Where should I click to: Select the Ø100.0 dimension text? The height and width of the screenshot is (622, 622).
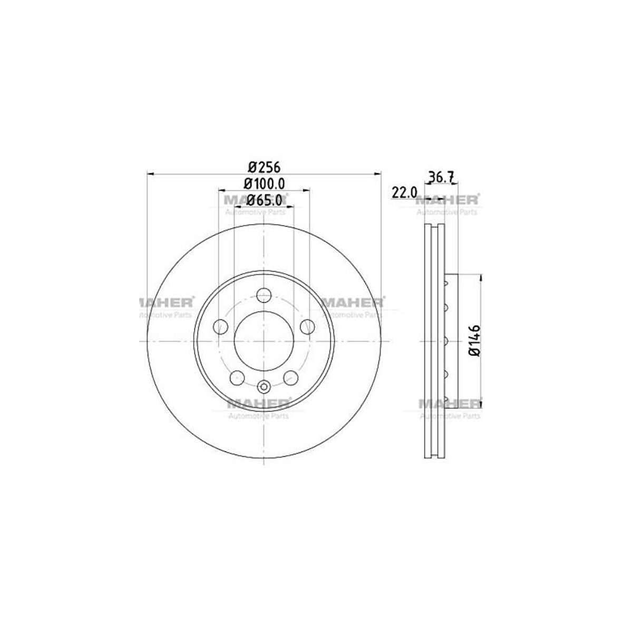[264, 183]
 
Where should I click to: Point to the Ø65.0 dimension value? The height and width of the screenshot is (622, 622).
[264, 200]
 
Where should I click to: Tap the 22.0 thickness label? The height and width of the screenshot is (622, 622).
[404, 192]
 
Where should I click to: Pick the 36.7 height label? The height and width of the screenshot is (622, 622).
[441, 177]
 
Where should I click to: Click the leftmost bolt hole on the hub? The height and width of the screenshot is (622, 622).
[221, 327]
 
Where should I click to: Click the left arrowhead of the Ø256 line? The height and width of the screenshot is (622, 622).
[150, 173]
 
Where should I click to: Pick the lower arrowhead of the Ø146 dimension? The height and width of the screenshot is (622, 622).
[480, 404]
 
